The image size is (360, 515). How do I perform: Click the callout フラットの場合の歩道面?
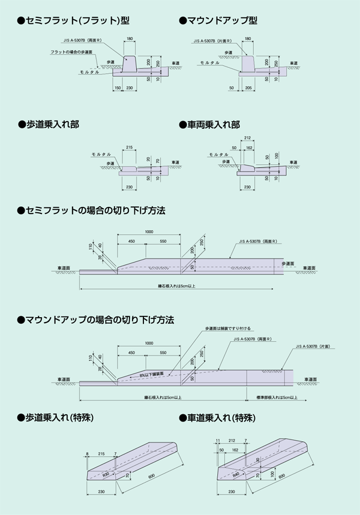pyautogui.click(x=71, y=53)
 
